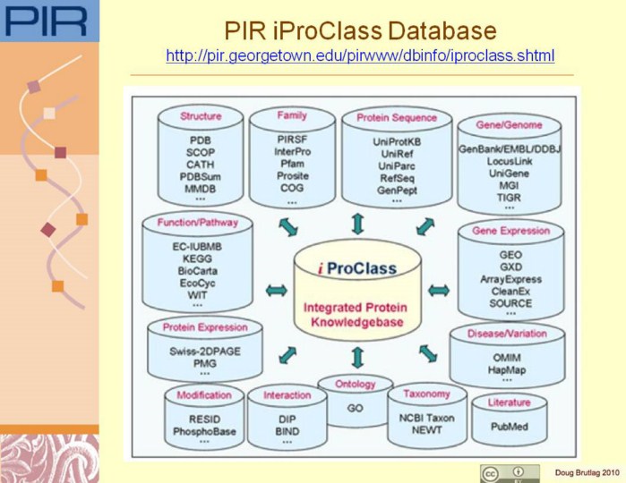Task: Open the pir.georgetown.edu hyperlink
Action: tap(360, 56)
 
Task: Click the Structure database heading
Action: tap(201, 116)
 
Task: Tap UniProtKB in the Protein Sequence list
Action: tap(396, 141)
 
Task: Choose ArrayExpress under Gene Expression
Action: tap(510, 280)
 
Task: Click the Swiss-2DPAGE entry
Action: tap(204, 352)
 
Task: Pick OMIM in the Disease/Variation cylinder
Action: tap(507, 358)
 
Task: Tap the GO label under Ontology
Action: tap(355, 408)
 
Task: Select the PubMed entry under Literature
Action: tap(509, 427)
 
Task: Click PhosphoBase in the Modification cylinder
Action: tap(204, 431)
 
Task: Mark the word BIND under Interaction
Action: tap(287, 431)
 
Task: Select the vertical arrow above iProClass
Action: tap(357, 223)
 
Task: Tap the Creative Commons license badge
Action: tap(510, 471)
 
